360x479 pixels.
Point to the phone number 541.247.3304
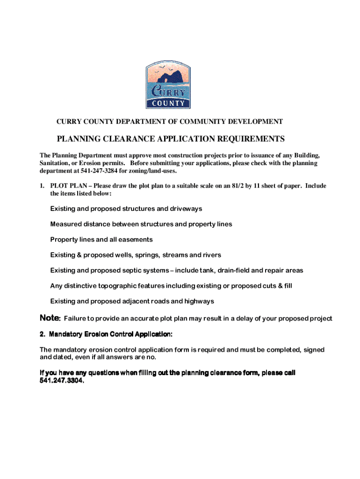coord(62,381)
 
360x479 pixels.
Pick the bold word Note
coord(50,318)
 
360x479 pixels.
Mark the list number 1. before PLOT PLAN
coord(42,186)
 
